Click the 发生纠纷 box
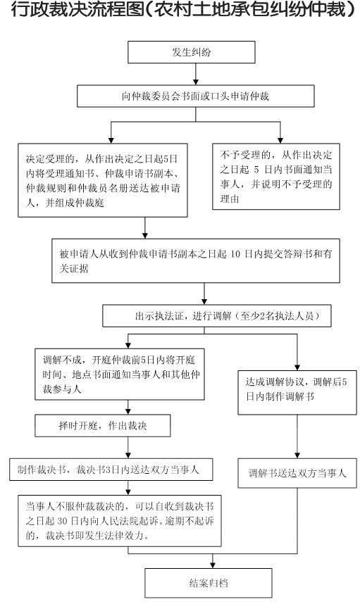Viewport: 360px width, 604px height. coord(191,52)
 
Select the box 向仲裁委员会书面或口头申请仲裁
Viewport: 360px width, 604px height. coord(195,96)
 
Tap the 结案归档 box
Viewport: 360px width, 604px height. coord(208,583)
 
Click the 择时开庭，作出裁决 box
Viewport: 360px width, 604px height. coord(103,426)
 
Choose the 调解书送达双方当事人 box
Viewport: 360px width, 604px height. coord(297,473)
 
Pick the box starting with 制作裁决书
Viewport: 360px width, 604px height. coord(111,470)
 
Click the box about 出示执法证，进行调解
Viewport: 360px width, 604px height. coord(216,316)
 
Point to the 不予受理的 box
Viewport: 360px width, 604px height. coord(276,177)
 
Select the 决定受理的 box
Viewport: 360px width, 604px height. coord(103,180)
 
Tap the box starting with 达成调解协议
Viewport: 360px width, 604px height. coord(297,393)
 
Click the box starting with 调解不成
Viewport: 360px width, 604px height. coord(120,374)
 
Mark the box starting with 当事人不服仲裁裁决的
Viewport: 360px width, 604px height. coord(120,521)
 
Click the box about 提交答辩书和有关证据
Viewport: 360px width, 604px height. coord(196,260)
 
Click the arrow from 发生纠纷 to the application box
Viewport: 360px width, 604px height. coord(196,74)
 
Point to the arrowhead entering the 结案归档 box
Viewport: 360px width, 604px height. coord(213,565)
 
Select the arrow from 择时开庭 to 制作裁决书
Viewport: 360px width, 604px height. coord(128,448)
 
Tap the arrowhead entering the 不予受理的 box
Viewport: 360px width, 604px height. coord(280,140)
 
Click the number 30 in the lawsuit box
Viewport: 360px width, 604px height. coord(63,521)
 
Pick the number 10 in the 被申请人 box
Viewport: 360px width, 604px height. coord(235,254)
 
